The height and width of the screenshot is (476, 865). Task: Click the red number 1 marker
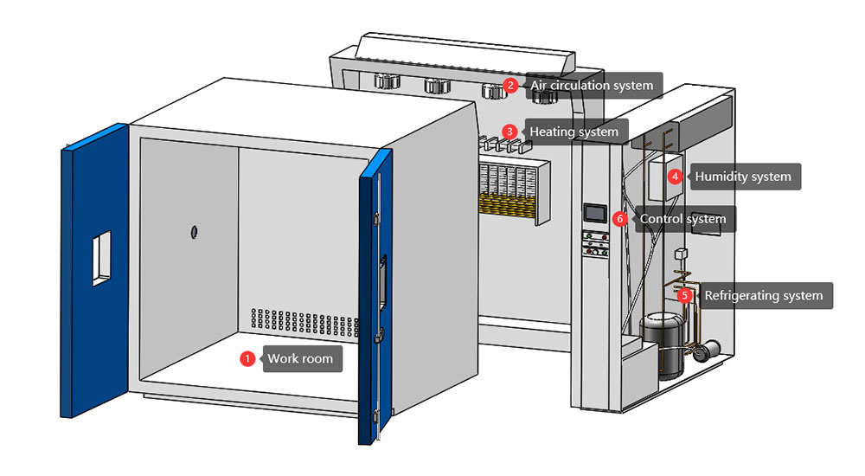247,358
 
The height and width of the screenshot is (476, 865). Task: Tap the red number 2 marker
510,85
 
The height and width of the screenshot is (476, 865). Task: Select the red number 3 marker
510,132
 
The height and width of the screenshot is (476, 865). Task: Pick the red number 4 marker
676,177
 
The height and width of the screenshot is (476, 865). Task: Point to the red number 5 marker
685,295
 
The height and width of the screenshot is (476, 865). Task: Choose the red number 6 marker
619,219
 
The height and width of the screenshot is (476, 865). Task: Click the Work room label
300,358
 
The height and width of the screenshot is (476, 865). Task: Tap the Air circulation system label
592,86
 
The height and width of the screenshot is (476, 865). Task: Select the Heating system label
573,132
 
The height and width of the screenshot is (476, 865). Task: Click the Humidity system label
743,177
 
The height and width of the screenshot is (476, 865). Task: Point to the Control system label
682,219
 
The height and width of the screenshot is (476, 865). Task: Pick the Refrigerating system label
763,295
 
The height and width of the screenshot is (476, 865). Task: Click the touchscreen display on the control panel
594,213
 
